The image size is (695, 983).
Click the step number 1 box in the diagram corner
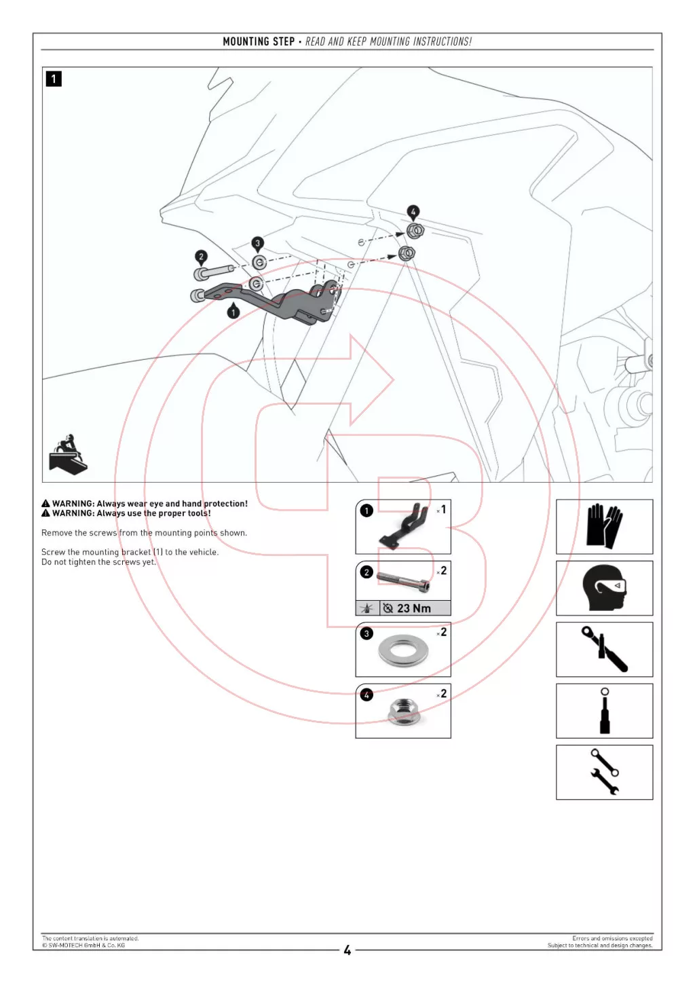click(x=54, y=79)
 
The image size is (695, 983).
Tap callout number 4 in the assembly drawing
click(x=413, y=211)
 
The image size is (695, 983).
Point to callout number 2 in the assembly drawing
click(x=201, y=257)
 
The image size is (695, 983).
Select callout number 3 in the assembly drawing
click(x=257, y=243)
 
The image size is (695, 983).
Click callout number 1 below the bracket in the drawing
click(x=233, y=312)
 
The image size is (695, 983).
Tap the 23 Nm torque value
click(x=413, y=608)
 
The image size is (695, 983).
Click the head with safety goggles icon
click(x=604, y=587)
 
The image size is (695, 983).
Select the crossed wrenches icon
click(x=604, y=772)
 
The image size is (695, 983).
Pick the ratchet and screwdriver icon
click(x=604, y=649)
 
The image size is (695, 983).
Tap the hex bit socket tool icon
click(x=604, y=711)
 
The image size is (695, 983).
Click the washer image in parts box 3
click(x=403, y=650)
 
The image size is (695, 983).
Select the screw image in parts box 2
click(x=403, y=581)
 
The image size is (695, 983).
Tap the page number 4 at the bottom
click(x=347, y=950)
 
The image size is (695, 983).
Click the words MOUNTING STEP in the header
click(x=259, y=41)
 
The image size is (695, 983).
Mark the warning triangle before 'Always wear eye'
click(x=45, y=504)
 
